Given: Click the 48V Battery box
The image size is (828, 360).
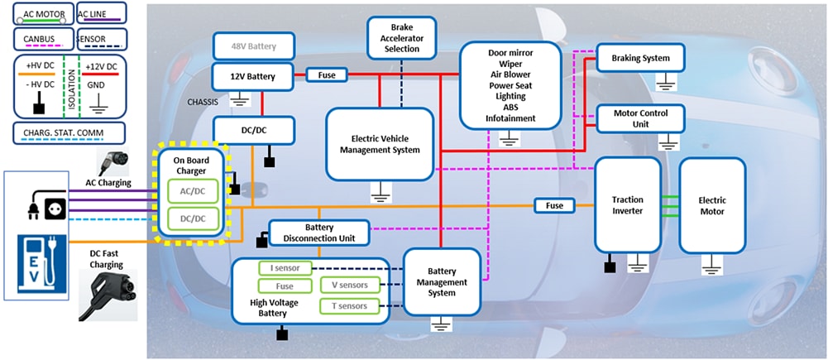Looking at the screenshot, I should (x=254, y=46).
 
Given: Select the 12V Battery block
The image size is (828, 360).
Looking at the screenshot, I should (x=254, y=77).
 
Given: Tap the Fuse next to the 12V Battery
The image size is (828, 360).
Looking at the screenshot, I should (x=327, y=75).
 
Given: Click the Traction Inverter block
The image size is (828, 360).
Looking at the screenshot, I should (x=628, y=205).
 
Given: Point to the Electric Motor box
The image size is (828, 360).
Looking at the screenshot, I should (x=711, y=205).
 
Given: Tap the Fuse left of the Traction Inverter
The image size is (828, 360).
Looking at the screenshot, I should (x=554, y=205).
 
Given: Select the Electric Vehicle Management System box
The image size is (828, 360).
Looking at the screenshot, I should (x=380, y=143).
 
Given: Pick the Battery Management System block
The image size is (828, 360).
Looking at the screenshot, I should (x=442, y=281).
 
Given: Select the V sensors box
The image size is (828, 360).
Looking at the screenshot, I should (x=350, y=286).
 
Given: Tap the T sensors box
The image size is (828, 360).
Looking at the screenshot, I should (x=350, y=307).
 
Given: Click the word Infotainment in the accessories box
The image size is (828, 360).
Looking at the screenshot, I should (x=510, y=118).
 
